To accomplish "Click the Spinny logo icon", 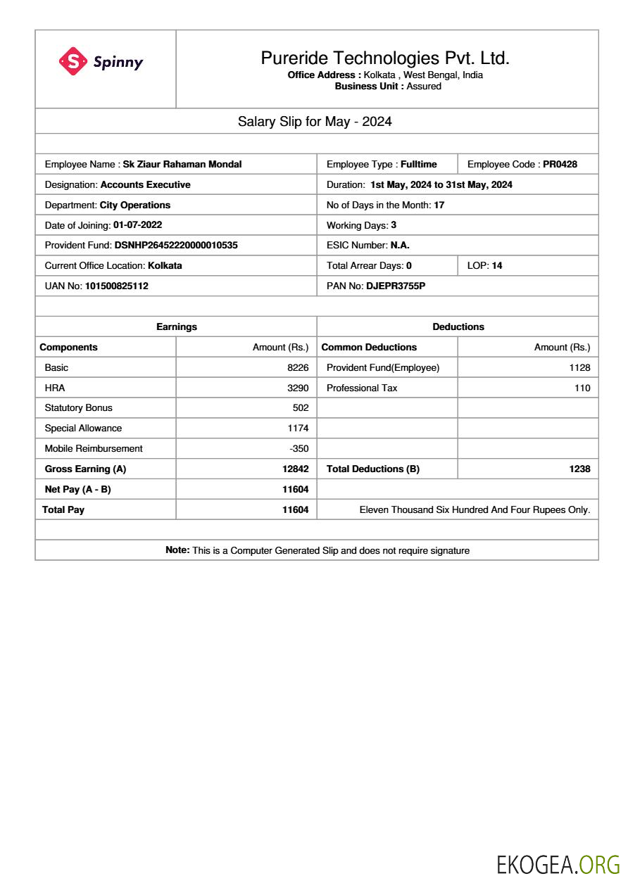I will (x=73, y=61).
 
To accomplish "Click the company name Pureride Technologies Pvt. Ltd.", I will (x=385, y=58).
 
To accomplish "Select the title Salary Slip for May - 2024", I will (x=315, y=122).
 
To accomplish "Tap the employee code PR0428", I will (x=560, y=165).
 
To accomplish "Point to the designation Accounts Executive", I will (x=145, y=185).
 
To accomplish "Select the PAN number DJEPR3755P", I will (x=396, y=286).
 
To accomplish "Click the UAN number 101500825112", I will (x=116, y=286).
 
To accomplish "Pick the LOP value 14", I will (x=497, y=266).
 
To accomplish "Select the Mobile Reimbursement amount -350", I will (x=299, y=449).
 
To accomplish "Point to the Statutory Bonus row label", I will (x=78, y=408).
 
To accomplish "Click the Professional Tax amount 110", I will (x=582, y=388).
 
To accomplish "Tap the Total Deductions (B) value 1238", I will (x=579, y=469).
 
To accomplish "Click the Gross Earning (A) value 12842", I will (x=295, y=469).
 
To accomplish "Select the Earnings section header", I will (x=176, y=327).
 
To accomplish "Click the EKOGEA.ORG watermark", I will (x=558, y=865).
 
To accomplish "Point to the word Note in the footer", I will (x=177, y=550).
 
